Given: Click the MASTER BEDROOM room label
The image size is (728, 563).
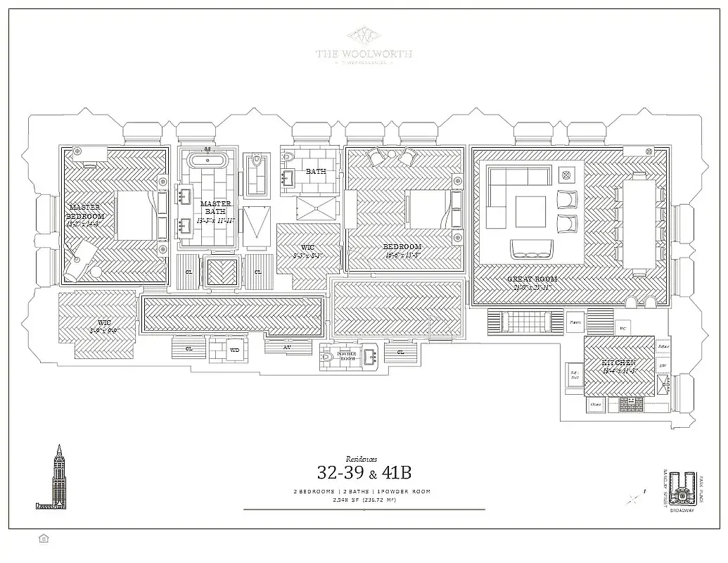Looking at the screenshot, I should tap(87, 212).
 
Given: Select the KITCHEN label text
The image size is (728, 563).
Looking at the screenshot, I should tap(618, 363).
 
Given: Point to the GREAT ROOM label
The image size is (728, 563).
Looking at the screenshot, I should tap(532, 279).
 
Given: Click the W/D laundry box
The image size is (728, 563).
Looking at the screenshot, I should tap(235, 348).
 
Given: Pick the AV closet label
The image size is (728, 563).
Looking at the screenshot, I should tap(288, 346).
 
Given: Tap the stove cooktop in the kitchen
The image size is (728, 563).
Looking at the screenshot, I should tap(626, 404).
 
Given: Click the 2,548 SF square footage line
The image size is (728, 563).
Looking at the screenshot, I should tap(364, 500).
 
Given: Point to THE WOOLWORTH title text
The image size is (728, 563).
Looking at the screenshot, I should tap(364, 54).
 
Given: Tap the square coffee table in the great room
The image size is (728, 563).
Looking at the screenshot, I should tap(530, 211).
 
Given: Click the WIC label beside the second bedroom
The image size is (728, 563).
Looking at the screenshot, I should tap(307, 248).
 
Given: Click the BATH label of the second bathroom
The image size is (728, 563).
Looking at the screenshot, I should tap(316, 171).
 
